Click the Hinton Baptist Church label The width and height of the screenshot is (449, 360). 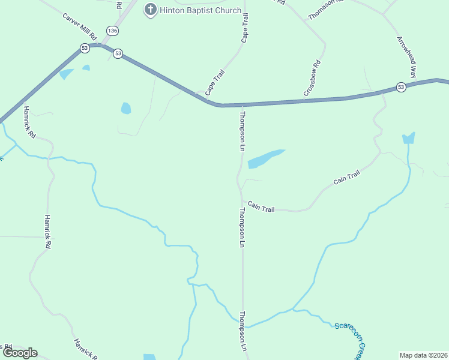point(200,10)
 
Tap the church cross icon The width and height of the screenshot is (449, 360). point(150,10)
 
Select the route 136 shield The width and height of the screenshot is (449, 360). point(111,30)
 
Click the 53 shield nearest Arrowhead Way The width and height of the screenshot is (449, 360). point(401,88)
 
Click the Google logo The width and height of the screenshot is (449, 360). point(20,353)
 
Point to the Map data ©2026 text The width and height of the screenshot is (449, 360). point(424,355)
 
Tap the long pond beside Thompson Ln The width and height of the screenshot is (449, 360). point(264,159)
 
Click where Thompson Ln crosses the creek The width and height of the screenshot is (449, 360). point(243,327)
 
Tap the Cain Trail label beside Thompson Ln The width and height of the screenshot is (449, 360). point(261,208)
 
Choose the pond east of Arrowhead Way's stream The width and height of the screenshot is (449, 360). point(409,139)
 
